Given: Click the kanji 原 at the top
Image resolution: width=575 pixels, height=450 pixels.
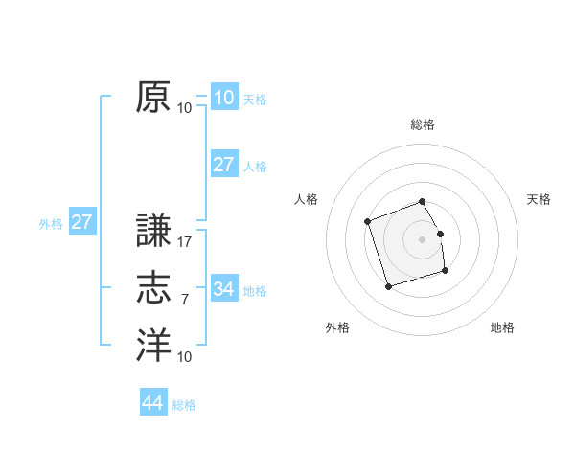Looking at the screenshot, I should click(153, 98).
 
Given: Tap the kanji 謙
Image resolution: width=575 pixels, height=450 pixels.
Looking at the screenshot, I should click(153, 232).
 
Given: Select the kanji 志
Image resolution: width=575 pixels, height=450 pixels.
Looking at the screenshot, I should click(153, 288).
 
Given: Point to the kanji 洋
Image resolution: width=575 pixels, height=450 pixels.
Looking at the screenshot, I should click(153, 346).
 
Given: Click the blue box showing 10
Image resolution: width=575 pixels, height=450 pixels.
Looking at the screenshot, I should click(223, 97).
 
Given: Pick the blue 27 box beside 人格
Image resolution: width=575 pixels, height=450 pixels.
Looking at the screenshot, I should click(223, 164).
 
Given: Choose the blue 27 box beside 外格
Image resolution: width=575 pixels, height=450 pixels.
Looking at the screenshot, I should click(81, 222).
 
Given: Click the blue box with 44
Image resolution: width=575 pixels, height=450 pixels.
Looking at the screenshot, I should click(152, 403).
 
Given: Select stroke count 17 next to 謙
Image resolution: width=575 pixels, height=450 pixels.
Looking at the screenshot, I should click(185, 242).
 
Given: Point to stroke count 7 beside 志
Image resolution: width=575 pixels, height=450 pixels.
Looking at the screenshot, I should click(185, 300).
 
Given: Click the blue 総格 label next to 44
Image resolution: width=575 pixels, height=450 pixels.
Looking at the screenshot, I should click(184, 405).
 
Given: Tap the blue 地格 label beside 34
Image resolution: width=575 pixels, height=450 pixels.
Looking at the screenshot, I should click(256, 290).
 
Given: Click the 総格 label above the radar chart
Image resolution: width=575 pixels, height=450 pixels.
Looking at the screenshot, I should click(423, 124).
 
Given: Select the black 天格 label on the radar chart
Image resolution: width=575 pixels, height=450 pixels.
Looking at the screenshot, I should click(540, 199).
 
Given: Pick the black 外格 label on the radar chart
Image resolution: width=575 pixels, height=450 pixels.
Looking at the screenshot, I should click(337, 327).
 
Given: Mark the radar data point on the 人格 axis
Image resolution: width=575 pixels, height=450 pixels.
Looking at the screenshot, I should click(368, 222).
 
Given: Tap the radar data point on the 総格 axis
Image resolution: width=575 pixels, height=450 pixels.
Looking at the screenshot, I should click(423, 201).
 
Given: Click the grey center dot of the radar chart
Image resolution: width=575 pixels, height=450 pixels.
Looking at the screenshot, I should click(423, 237).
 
